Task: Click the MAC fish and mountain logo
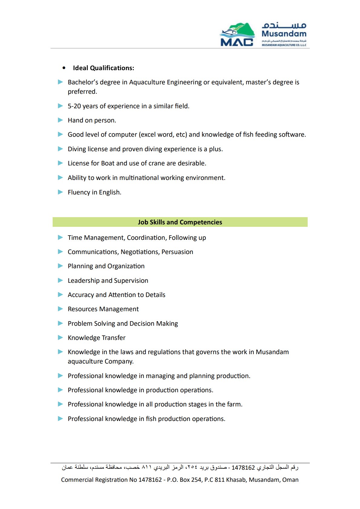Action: click(x=237, y=34)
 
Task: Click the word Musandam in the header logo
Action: click(x=284, y=34)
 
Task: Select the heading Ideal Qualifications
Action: click(x=103, y=68)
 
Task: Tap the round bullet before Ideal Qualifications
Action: click(x=64, y=68)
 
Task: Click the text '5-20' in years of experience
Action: click(x=74, y=106)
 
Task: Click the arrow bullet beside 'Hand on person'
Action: click(x=61, y=120)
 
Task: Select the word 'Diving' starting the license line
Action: click(x=77, y=149)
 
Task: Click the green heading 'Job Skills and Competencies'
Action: click(x=180, y=222)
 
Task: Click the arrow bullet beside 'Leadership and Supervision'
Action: click(x=61, y=281)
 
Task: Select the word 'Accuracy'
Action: click(x=81, y=295)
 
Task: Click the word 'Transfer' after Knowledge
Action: click(x=114, y=338)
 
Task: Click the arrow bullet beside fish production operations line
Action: click(x=61, y=419)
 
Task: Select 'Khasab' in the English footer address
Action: click(x=236, y=480)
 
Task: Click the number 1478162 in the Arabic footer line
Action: click(x=243, y=468)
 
